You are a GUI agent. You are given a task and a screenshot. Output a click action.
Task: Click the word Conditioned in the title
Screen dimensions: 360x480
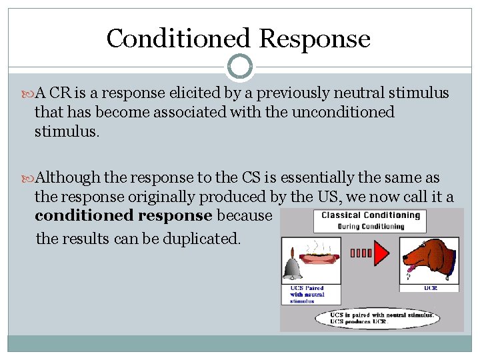click(178, 39)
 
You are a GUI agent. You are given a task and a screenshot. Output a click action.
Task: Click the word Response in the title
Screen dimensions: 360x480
click(314, 39)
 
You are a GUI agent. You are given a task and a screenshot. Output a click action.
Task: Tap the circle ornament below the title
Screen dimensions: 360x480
click(239, 67)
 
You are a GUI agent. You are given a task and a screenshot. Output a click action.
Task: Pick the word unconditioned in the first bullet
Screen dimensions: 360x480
click(344, 112)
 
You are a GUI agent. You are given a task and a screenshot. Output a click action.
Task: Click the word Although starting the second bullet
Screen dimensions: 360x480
click(67, 179)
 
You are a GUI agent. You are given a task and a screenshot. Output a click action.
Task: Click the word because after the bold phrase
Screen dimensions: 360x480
click(244, 216)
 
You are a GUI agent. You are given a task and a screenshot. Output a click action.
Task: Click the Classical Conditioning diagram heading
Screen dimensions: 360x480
click(371, 215)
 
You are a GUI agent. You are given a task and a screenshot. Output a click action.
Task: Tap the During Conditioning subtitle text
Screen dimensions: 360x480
click(371, 226)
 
